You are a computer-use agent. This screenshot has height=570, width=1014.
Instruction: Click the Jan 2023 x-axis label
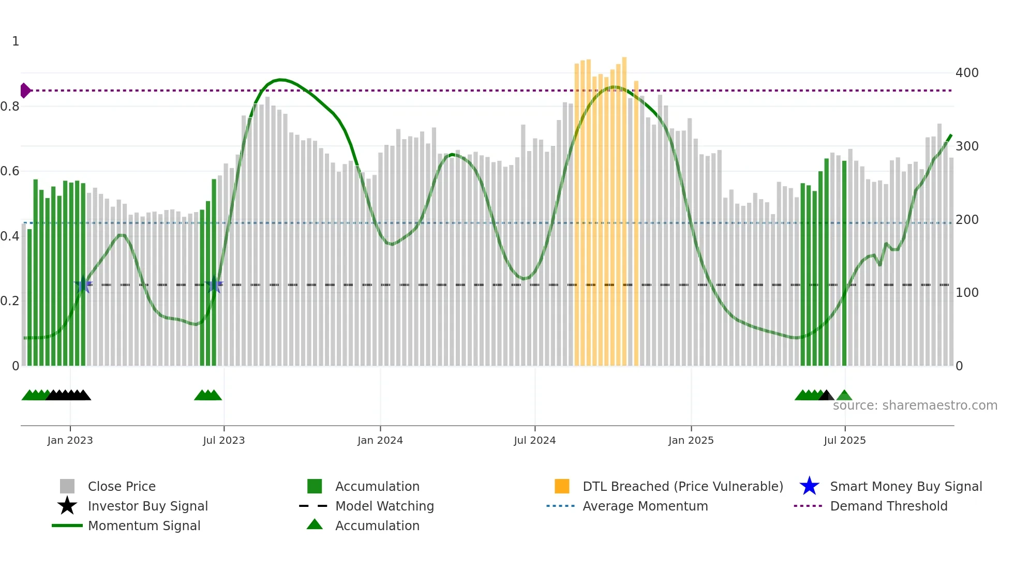[x=70, y=440]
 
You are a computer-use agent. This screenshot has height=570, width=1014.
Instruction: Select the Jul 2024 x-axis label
[x=534, y=440]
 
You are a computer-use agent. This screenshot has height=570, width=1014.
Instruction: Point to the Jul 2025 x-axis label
[x=844, y=440]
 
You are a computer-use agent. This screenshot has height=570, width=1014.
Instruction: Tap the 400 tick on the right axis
[x=966, y=73]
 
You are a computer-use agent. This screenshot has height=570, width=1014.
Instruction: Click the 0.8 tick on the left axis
[x=10, y=107]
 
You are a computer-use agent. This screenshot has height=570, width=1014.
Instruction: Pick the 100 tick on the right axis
[x=966, y=293]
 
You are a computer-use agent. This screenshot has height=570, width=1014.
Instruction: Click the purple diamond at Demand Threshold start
[x=25, y=91]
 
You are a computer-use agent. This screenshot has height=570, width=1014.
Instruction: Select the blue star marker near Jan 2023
[x=83, y=284]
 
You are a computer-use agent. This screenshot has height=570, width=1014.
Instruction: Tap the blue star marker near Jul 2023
[x=214, y=284]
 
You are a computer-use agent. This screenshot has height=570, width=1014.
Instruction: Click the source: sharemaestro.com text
[x=915, y=406]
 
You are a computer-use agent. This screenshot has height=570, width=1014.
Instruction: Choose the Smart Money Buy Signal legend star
[x=809, y=486]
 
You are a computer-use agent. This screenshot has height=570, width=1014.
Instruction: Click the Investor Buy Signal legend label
[x=147, y=506]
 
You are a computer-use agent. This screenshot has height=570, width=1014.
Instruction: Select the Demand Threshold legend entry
[x=888, y=506]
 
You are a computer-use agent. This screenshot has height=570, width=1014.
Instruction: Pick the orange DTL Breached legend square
[x=562, y=486]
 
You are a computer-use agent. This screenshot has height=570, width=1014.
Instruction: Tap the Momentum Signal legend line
[x=67, y=526]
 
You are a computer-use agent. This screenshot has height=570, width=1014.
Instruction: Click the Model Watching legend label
[x=384, y=506]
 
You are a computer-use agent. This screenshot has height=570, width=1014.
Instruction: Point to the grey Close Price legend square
[x=67, y=486]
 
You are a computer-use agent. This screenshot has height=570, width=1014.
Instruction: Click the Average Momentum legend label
[x=645, y=506]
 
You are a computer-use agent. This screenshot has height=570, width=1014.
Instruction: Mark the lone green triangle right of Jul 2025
[x=844, y=396]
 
